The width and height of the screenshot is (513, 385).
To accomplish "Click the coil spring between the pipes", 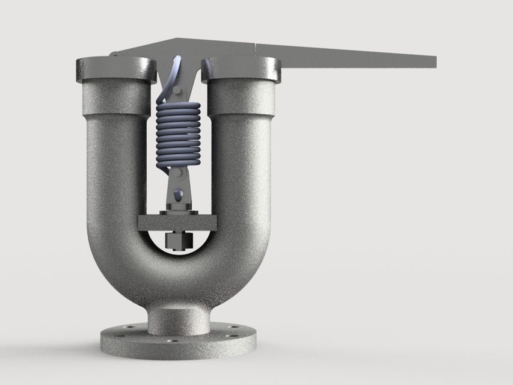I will click(177, 135).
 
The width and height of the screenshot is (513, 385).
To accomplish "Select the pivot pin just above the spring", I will click(178, 91).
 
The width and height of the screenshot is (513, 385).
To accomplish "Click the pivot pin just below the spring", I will click(179, 174).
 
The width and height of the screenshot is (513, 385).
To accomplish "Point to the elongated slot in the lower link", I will click(178, 194).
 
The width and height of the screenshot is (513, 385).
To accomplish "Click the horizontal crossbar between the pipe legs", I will click(177, 223).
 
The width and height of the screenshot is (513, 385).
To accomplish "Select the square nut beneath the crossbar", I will click(178, 241).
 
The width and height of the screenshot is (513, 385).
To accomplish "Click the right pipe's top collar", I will click(241, 69).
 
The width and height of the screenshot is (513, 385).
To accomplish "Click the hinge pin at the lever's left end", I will click(113, 55).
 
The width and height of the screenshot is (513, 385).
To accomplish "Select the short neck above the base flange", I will click(179, 319).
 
